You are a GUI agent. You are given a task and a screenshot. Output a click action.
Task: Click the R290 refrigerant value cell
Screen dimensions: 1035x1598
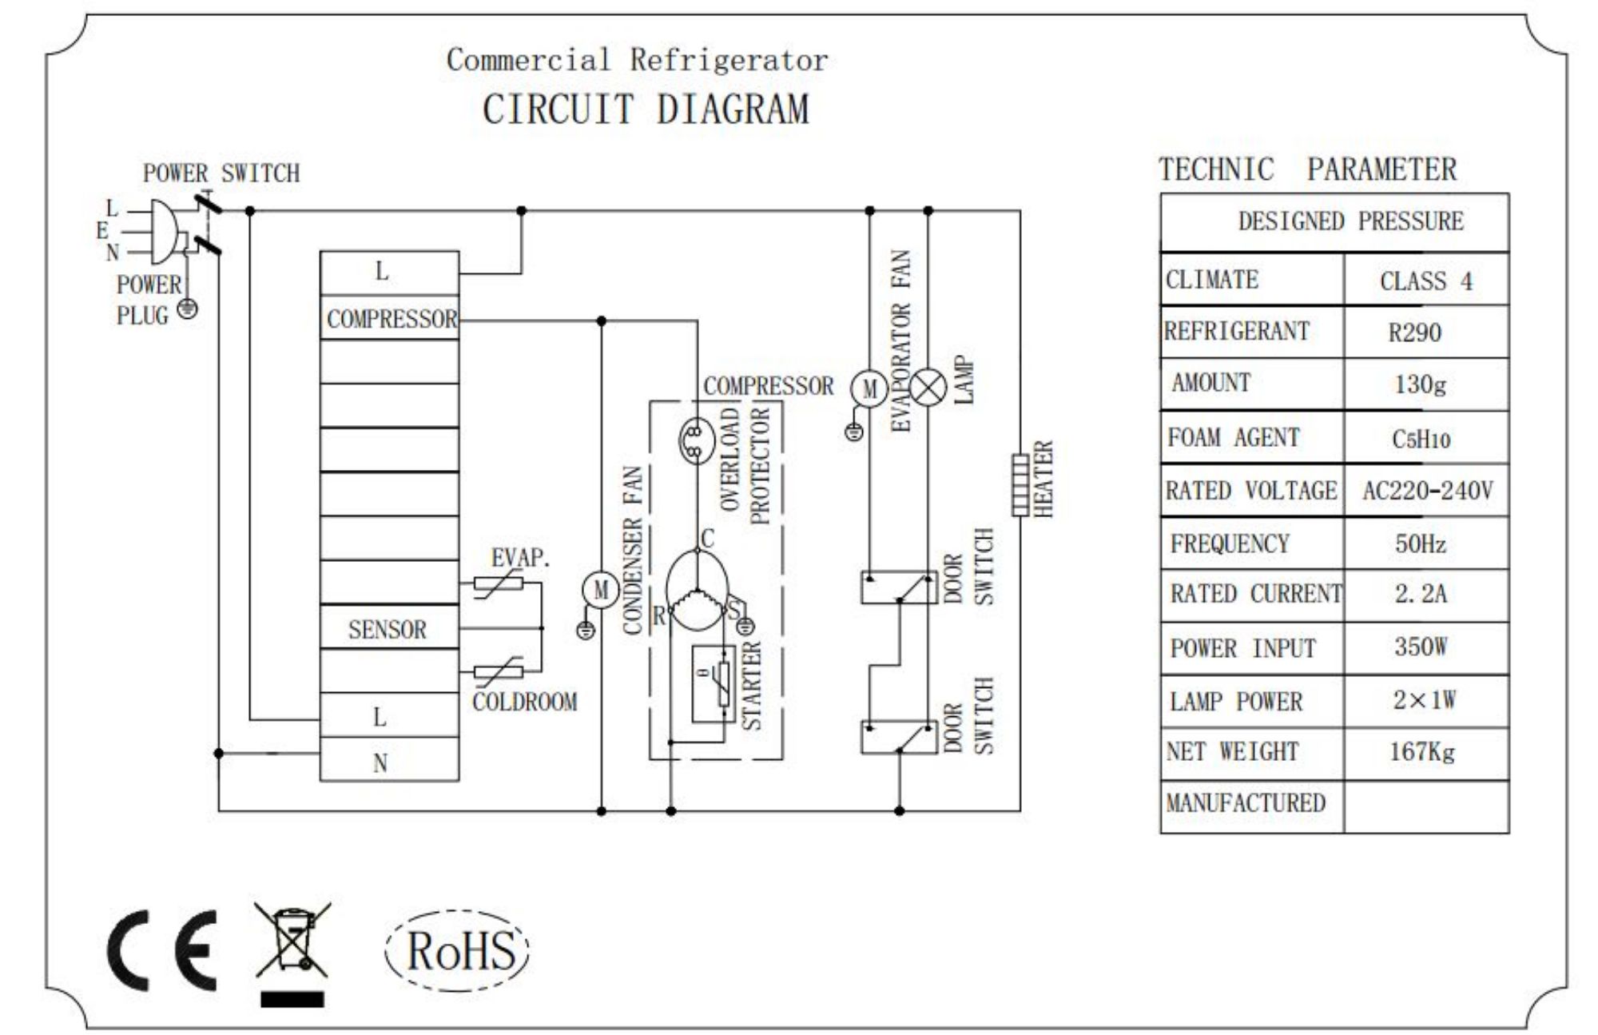[x=1414, y=332]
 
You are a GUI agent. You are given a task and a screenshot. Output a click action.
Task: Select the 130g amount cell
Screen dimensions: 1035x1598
[x=1420, y=384]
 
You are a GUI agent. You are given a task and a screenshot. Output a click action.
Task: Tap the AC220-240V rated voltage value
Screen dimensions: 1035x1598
[x=1427, y=490]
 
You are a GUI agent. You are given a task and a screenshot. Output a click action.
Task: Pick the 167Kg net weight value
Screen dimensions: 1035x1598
[x=1421, y=752]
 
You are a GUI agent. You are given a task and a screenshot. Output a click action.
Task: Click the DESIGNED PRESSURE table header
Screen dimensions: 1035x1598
[x=1350, y=221]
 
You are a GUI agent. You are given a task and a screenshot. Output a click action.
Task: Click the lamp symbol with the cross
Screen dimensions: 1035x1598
[x=928, y=388]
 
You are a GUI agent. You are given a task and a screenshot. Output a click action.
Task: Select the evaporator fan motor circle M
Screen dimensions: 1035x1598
[x=869, y=388]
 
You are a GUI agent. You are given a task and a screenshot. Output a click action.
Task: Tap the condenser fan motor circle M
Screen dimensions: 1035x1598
[x=601, y=590]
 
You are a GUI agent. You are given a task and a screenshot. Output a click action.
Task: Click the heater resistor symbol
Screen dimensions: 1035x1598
[x=1020, y=484]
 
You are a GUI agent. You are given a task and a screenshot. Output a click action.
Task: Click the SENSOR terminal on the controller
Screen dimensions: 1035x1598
[x=388, y=630]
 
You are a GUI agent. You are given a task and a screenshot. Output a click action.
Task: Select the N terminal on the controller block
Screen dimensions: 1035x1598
[x=380, y=763]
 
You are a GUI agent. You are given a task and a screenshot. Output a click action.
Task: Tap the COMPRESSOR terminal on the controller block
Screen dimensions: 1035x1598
[x=391, y=320]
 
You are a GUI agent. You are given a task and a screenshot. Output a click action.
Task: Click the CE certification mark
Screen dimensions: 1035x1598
[x=162, y=950]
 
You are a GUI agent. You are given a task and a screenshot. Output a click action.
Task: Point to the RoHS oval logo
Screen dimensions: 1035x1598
[x=458, y=950]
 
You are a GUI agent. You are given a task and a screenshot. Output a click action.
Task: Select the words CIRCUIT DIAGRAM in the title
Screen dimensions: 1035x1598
[x=646, y=109]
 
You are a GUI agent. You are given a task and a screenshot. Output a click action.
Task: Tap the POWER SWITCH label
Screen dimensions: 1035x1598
[x=221, y=173]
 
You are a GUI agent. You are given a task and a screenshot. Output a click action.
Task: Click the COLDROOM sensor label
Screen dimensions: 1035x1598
[x=524, y=702]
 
